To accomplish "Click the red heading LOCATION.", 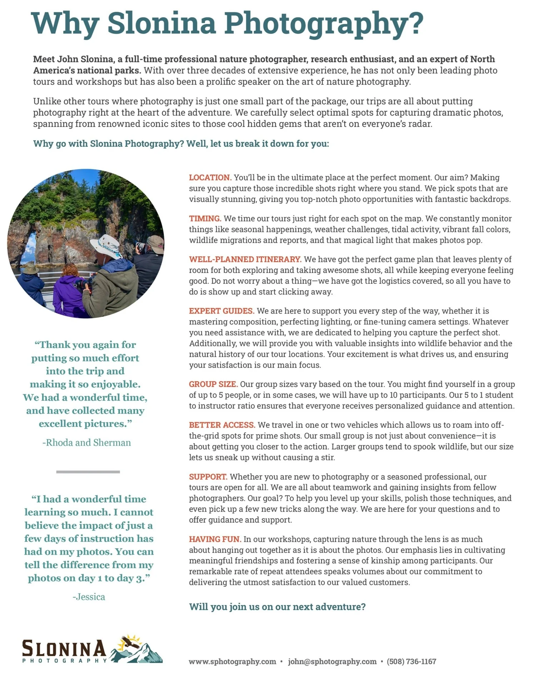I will [x=210, y=178].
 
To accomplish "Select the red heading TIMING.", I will [x=205, y=219].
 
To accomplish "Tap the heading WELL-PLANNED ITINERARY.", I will [x=245, y=259].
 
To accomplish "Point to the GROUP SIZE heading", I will [x=213, y=384].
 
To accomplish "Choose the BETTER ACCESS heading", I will [x=222, y=425].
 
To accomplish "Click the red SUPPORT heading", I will [x=208, y=477].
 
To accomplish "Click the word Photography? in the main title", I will [x=324, y=23].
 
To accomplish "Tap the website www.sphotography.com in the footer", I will [x=232, y=661].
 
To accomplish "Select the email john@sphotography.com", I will [x=332, y=661].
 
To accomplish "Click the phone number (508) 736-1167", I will [x=411, y=661].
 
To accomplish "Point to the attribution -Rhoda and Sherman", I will [x=86, y=442].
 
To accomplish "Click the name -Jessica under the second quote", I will [x=89, y=597].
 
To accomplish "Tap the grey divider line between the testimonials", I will [x=88, y=472].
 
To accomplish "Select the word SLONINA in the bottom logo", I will [x=64, y=648].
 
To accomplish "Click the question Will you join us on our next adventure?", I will [x=277, y=607].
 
